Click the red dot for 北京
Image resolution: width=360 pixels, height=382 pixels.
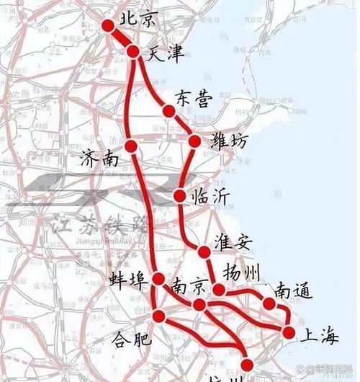pos(109,26)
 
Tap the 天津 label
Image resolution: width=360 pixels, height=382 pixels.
pos(163,53)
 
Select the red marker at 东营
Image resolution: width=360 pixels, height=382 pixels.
pos(168,111)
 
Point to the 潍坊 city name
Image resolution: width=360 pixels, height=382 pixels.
pos(230,142)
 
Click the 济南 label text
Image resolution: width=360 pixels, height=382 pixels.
pos(100,159)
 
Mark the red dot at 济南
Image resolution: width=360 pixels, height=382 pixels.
pos(130,146)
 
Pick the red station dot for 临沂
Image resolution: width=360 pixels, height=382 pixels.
pos(180,195)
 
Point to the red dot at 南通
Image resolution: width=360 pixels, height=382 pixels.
pos(269,303)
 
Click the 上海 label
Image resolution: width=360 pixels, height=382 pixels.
pos(319,333)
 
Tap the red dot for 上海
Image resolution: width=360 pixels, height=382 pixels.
pos(289,332)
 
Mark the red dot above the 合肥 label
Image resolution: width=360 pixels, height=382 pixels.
pos(161,315)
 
